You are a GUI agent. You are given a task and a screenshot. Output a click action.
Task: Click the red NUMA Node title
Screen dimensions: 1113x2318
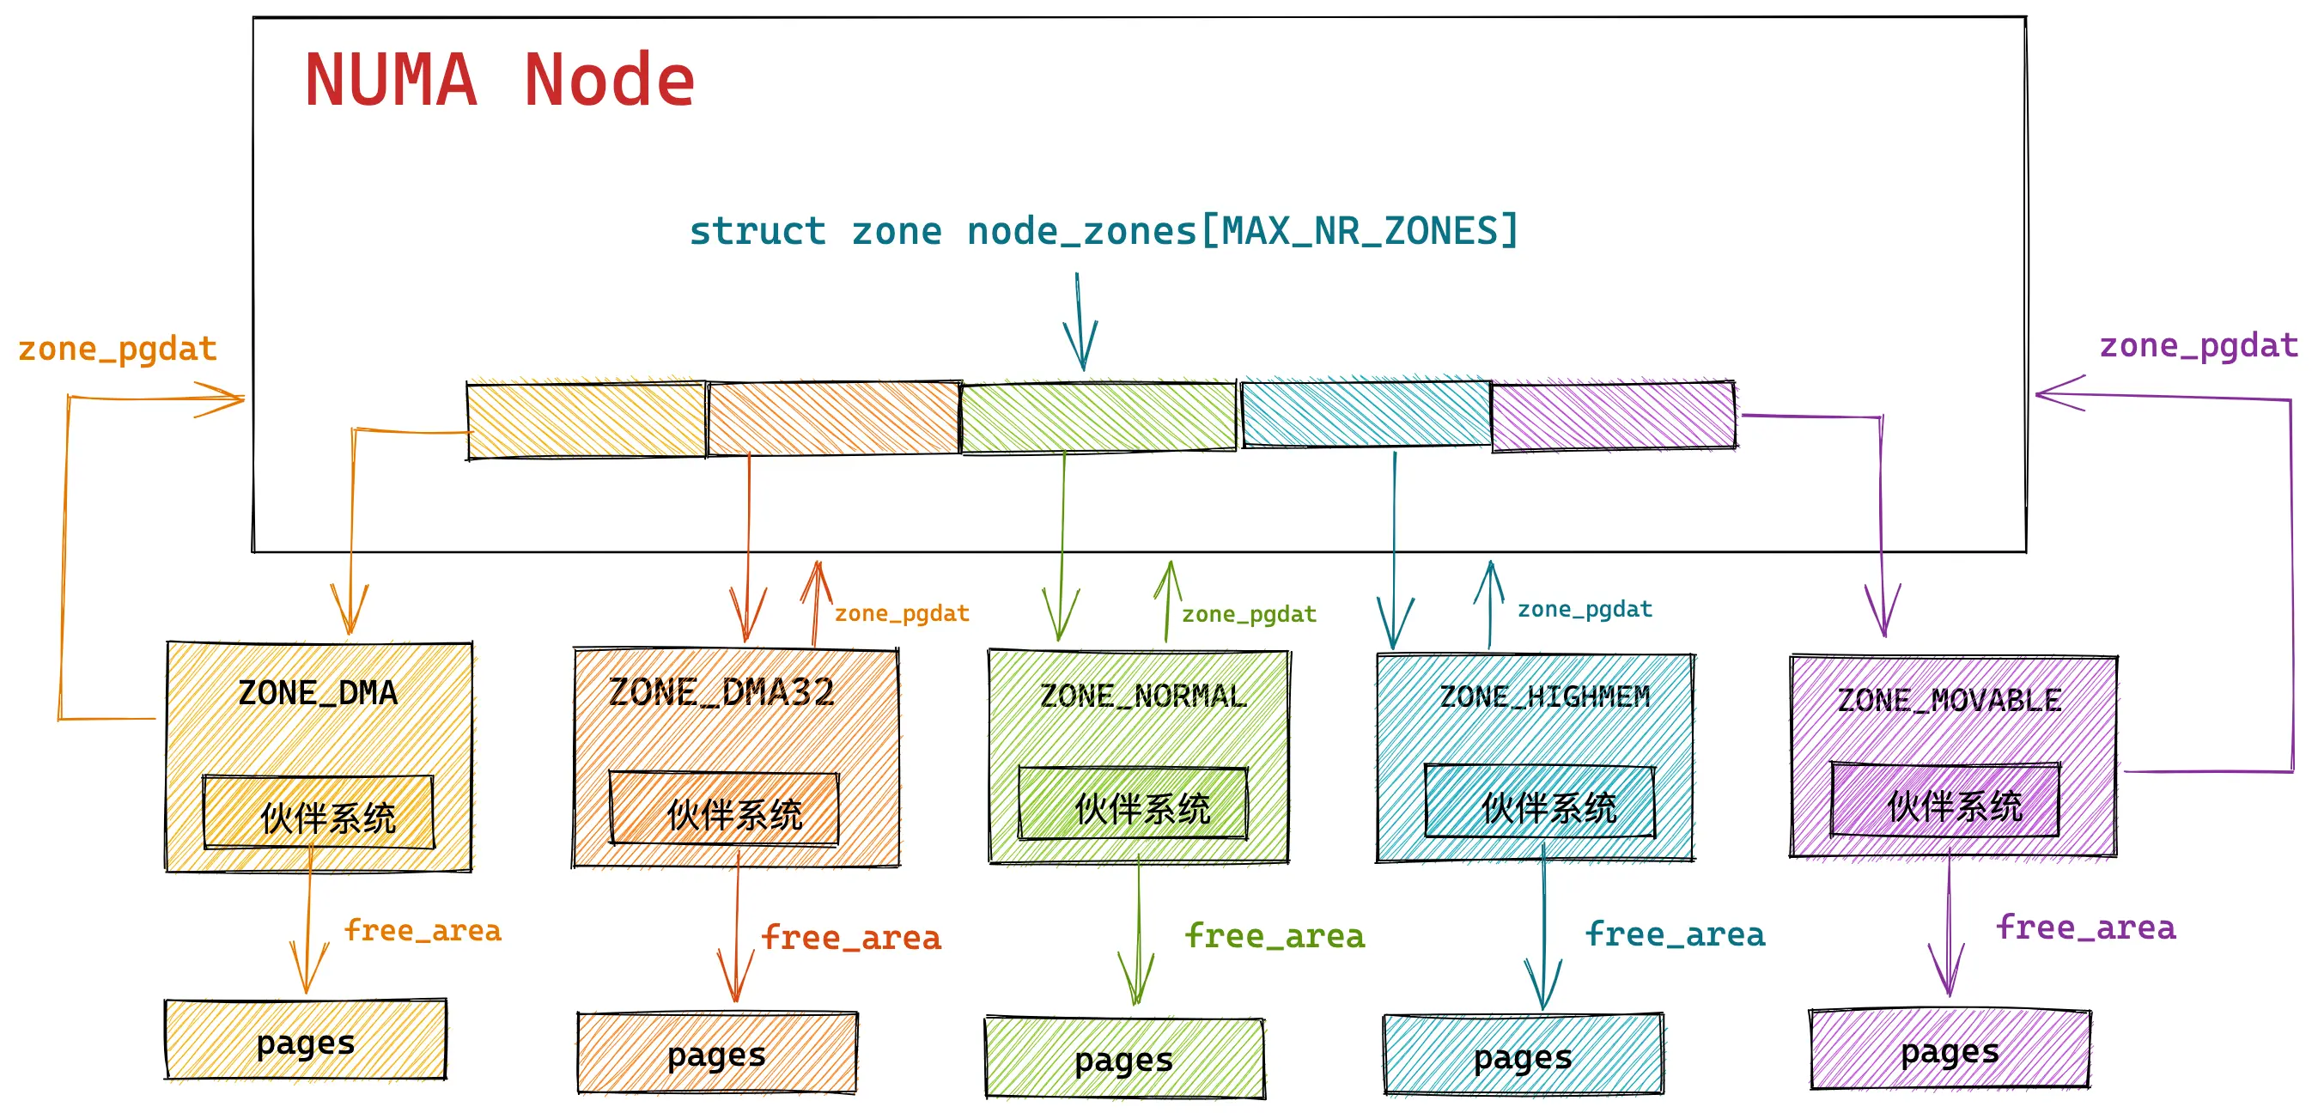coord(500,81)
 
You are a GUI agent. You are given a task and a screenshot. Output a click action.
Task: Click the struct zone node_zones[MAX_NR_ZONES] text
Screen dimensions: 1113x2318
coord(1104,231)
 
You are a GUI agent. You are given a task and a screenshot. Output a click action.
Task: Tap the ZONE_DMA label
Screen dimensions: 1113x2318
coord(318,693)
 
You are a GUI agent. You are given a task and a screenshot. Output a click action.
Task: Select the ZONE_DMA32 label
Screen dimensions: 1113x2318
coord(721,693)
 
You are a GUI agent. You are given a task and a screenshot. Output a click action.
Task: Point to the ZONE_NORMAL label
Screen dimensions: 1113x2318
coord(1143,696)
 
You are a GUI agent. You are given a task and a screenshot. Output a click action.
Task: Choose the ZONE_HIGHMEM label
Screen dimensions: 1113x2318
coord(1544,696)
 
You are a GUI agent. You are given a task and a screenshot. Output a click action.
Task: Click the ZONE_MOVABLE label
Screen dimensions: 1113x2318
coord(1949,700)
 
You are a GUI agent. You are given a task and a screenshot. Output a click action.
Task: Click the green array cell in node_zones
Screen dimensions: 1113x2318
coord(1098,417)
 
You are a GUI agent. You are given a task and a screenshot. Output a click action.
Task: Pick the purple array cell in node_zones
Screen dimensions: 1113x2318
coord(1613,416)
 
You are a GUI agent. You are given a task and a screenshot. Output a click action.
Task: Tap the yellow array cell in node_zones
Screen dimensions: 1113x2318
coord(586,420)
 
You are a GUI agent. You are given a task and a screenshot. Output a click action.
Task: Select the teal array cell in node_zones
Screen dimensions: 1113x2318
coord(1366,414)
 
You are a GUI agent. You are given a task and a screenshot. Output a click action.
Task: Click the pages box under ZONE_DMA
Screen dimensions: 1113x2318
coord(306,1040)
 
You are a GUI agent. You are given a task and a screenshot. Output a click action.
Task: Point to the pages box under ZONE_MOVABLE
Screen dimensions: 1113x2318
coord(1950,1049)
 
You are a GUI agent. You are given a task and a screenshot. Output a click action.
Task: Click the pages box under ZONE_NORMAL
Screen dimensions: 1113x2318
coord(1125,1058)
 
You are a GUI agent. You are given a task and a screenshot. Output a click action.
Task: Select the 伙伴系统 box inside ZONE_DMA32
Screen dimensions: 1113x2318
coord(724,809)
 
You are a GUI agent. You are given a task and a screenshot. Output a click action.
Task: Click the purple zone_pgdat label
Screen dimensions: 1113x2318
coord(2199,345)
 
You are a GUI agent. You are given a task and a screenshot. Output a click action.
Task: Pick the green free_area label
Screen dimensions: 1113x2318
coord(1275,936)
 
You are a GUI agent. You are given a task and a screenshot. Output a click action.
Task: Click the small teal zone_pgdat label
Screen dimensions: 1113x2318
coord(1585,609)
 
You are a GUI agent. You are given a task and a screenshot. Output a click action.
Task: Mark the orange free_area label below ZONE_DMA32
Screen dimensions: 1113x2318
coord(851,938)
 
